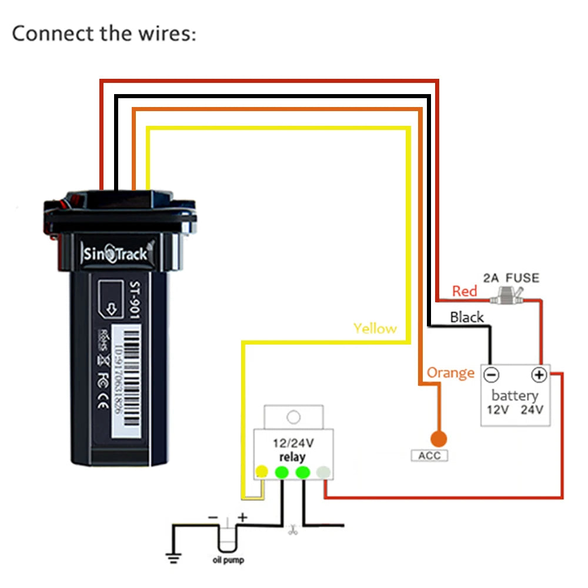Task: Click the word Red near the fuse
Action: (465, 291)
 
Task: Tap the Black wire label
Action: (467, 318)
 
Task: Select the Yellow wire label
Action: (375, 329)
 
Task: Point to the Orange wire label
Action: (450, 373)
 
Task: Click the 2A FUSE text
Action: (511, 278)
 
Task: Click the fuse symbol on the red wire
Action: (510, 296)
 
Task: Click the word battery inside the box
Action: (514, 395)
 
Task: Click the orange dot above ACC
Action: (438, 439)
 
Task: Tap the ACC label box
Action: (429, 456)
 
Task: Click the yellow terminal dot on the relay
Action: (262, 472)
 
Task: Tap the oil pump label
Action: (228, 560)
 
